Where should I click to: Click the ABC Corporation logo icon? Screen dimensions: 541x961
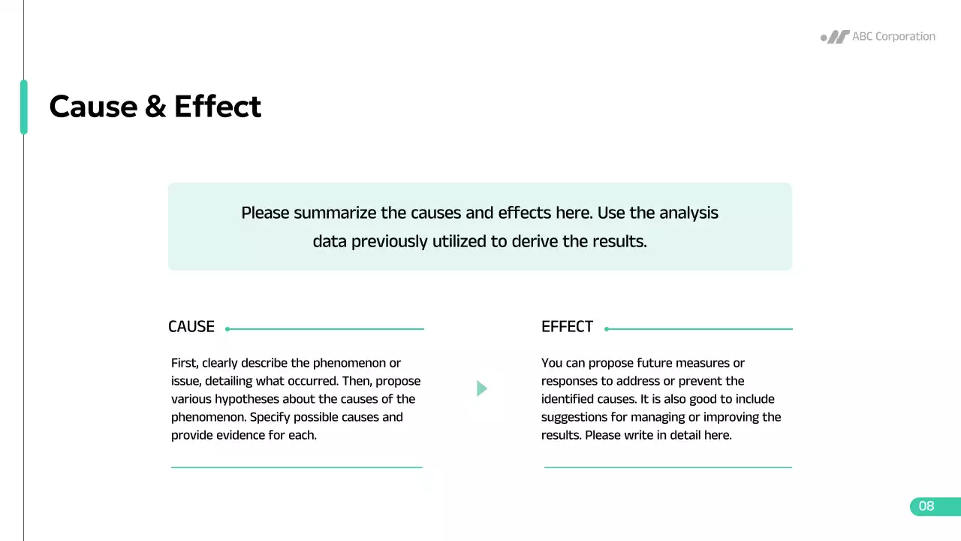835,37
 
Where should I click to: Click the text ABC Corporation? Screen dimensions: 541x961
893,36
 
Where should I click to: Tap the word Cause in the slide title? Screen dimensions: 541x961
92,107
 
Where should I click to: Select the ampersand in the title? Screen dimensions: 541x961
155,107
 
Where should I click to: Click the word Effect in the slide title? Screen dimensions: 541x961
218,107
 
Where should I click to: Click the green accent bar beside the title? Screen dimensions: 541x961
24,107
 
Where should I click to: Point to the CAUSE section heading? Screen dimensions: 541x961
191,327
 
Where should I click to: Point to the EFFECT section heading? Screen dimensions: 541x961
567,327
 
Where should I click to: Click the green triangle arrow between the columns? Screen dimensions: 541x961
482,388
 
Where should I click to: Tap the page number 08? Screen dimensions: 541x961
926,506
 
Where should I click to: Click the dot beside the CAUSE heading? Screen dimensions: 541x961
227,329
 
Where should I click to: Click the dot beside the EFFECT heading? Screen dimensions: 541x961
607,329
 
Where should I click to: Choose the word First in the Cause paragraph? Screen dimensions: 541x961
184,363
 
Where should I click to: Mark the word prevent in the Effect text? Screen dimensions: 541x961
698,381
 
